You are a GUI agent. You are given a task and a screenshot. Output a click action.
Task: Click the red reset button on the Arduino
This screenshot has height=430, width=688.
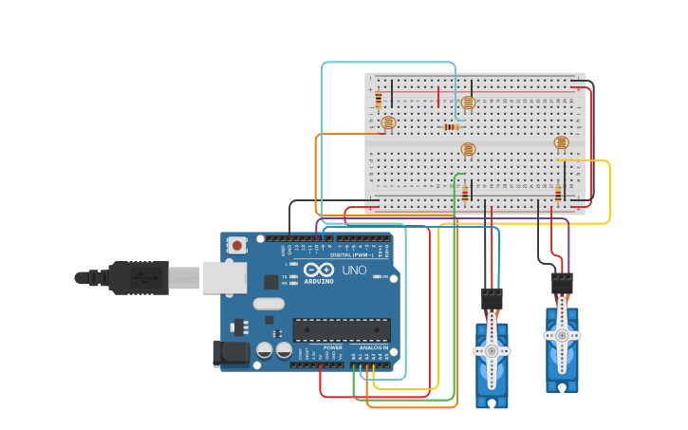236,245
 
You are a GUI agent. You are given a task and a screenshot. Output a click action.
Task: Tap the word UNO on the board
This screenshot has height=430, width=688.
354,271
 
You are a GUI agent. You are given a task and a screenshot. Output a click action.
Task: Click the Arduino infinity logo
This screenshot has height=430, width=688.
319,270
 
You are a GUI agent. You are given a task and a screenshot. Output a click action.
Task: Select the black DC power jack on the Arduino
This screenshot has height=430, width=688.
230,353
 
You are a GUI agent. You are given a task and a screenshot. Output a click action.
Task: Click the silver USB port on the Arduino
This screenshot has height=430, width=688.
225,278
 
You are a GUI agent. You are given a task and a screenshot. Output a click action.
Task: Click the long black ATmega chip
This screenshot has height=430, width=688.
342,329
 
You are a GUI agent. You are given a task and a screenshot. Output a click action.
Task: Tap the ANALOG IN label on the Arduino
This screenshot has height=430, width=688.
372,347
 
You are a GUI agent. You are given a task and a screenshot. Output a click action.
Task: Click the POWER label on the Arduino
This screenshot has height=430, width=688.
333,347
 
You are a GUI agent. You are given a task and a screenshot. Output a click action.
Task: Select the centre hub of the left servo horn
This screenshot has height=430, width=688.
492,350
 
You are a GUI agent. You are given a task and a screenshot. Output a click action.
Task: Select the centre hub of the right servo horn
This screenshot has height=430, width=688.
562,335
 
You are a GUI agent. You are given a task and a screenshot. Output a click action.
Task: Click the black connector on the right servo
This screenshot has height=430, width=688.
562,283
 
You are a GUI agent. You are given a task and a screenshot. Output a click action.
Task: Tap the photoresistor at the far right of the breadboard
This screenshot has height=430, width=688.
561,143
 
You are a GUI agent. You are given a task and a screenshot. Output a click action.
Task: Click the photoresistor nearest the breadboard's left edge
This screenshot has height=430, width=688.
387,122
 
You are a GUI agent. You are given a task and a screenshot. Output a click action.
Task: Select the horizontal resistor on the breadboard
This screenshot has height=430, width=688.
452,127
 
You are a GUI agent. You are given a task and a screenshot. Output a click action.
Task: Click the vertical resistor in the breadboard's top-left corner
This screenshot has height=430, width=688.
379,99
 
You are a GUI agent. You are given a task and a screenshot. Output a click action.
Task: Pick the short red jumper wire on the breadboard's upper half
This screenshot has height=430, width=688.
438,97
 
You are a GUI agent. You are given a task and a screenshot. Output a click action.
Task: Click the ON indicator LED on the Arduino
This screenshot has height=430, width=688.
377,277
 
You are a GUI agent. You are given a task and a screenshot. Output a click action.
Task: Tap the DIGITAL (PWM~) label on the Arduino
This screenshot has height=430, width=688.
351,254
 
